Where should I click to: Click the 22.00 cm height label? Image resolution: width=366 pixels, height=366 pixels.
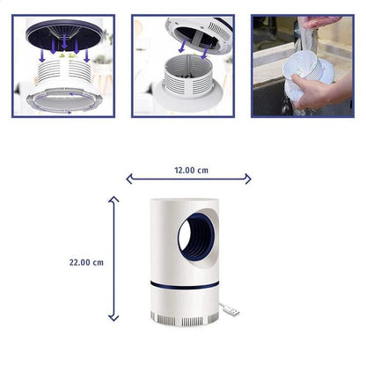87,262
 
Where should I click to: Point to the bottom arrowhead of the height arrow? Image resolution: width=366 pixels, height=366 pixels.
113,318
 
